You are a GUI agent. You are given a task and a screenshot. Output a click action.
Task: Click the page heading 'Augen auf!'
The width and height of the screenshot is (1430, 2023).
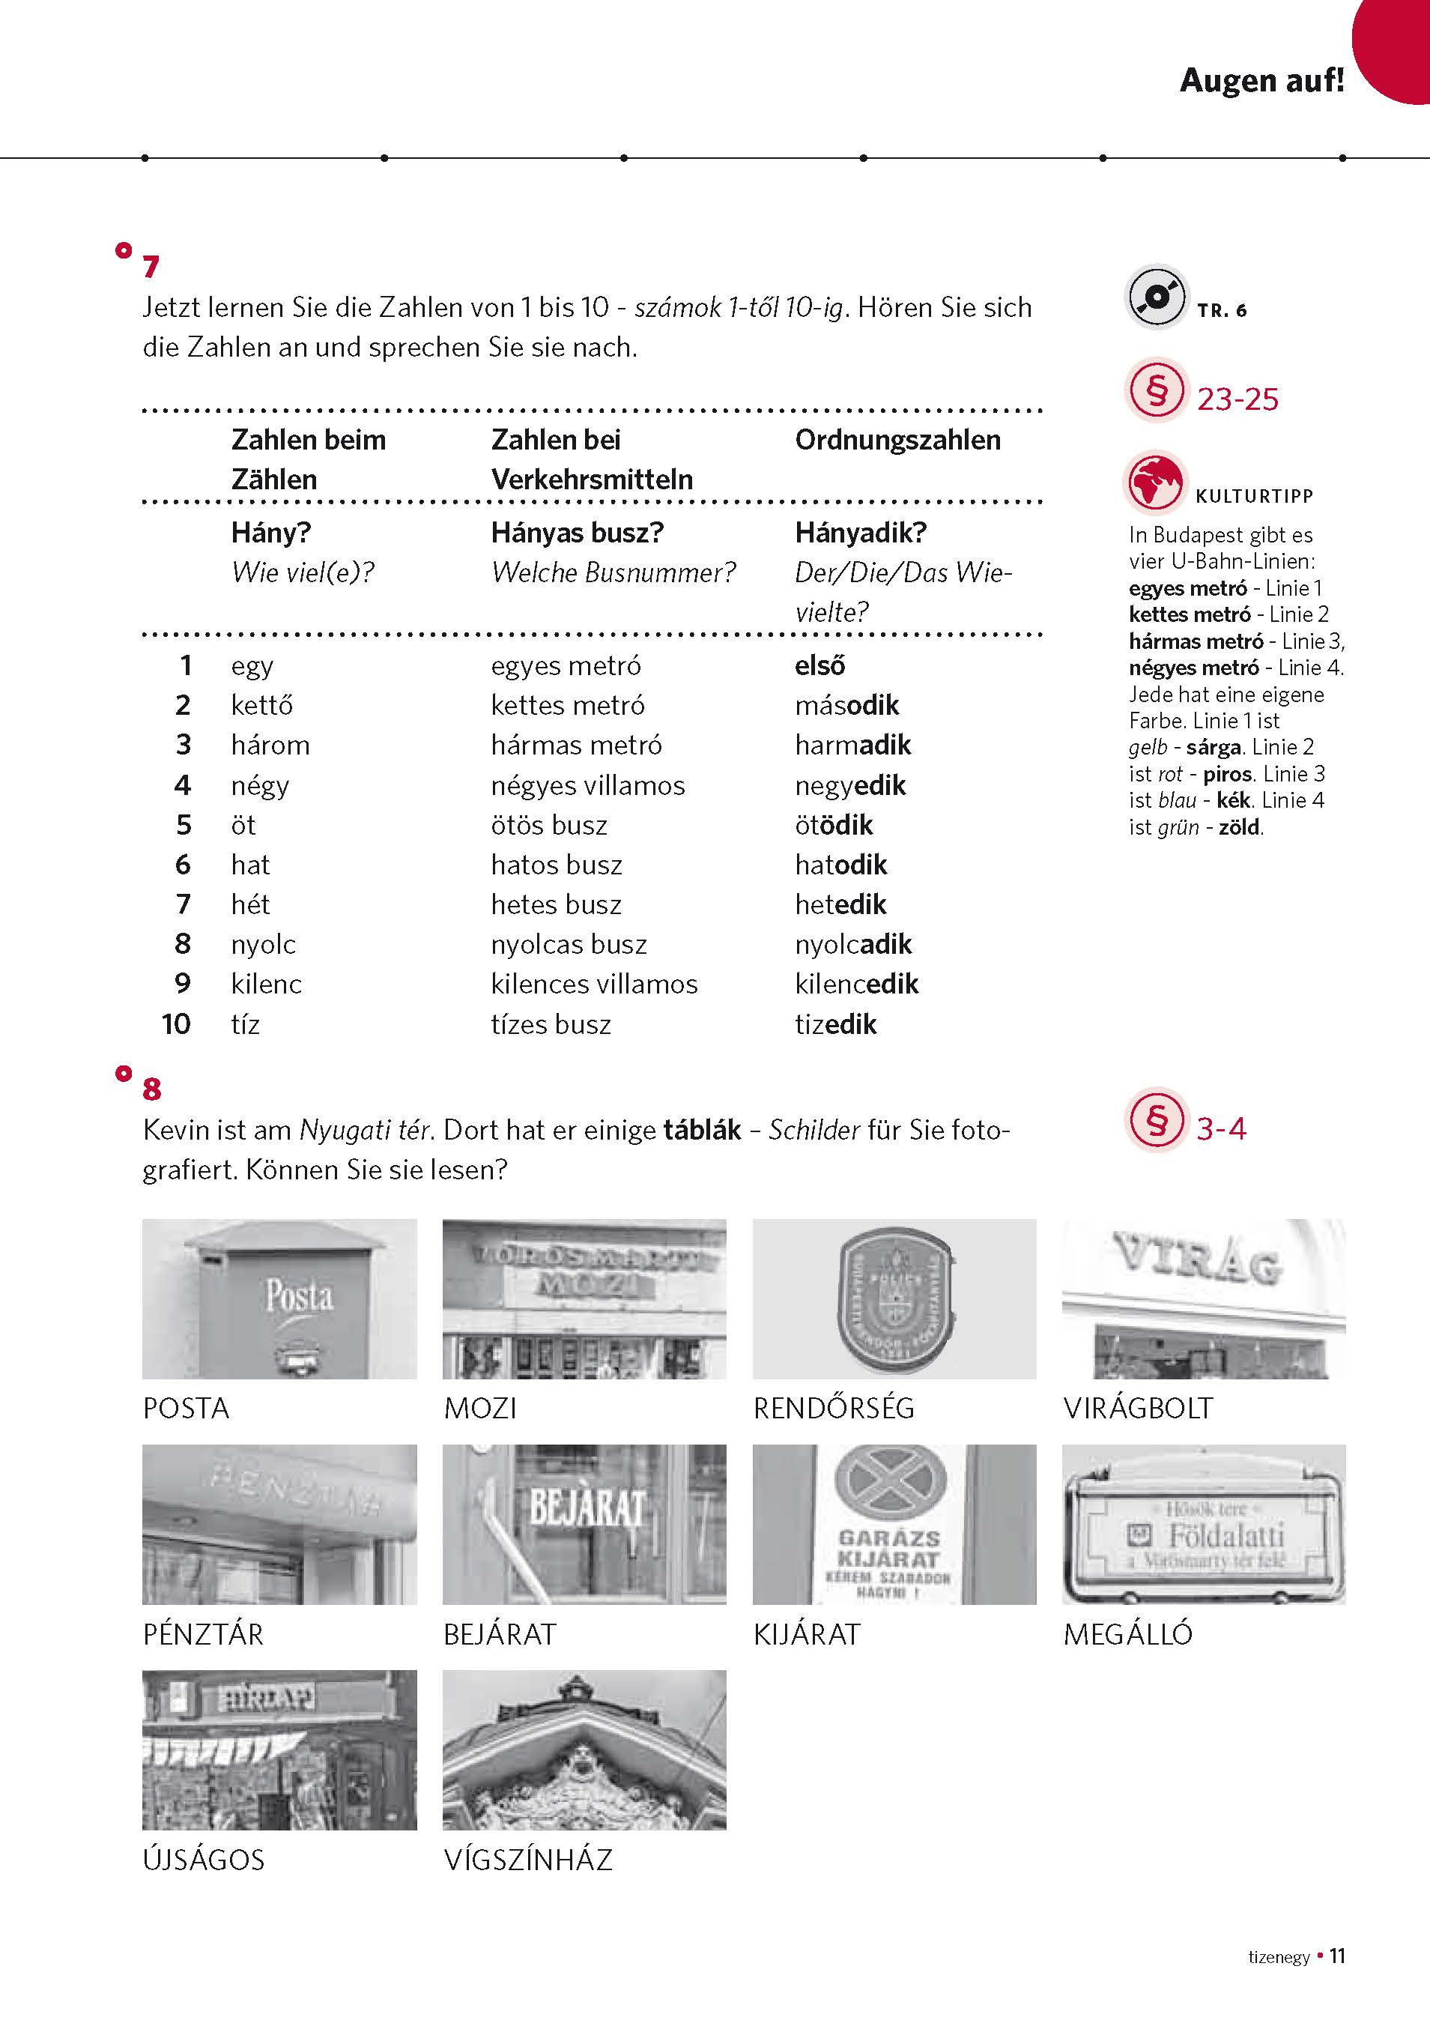1261,81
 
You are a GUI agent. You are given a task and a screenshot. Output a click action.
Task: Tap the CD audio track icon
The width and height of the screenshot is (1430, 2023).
1155,297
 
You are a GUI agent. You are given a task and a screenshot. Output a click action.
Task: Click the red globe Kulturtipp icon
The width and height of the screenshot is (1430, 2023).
1154,482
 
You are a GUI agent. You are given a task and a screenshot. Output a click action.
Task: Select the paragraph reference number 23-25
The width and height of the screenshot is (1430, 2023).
1237,399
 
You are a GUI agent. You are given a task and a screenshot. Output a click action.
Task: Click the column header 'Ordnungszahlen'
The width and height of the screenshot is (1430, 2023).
897,440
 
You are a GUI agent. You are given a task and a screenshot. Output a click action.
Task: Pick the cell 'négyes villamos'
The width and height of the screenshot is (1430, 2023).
588,785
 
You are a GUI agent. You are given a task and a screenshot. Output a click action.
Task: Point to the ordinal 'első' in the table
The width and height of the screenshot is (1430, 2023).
819,665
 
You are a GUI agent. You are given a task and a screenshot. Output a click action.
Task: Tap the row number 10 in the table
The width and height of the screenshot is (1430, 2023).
176,1023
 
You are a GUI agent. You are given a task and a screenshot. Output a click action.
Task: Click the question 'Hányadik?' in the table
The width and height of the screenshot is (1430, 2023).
860,532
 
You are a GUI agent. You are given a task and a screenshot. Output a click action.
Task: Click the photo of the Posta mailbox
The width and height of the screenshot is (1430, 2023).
279,1298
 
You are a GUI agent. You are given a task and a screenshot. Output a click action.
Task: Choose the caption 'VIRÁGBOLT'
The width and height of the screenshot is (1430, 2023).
1137,1408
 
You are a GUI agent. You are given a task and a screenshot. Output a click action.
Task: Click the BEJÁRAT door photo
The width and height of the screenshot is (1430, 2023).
584,1523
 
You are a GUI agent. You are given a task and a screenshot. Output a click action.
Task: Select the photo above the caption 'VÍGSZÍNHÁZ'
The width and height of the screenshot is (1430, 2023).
584,1749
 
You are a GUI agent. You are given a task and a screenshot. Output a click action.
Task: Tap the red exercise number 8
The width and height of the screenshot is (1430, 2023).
151,1090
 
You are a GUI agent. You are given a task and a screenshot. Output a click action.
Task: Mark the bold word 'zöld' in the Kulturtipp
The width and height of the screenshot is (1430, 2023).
1239,827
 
